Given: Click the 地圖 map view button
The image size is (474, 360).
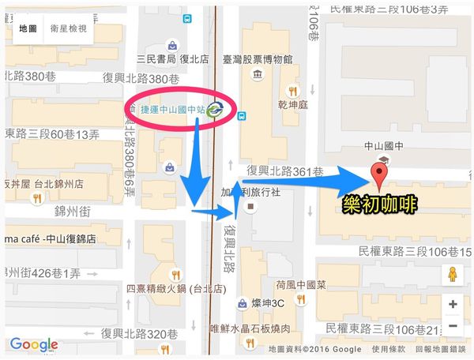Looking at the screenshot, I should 28,29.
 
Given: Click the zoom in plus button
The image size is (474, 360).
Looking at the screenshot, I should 453,304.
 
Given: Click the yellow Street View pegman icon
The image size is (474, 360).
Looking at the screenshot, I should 453,276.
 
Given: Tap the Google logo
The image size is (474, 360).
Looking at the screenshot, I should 34,344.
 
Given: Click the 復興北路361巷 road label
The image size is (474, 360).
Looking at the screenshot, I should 285,171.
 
